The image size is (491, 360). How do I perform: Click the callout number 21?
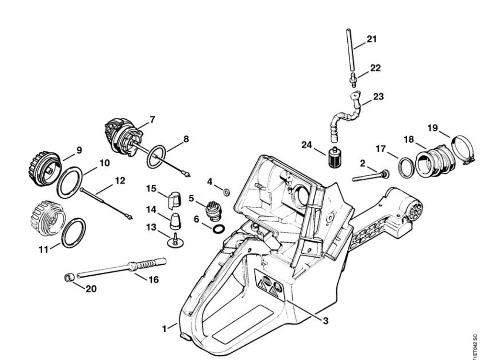(x=372, y=39)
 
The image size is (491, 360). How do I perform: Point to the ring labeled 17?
(x=406, y=168)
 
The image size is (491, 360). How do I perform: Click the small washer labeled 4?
(x=227, y=192)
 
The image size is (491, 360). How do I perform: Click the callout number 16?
(x=153, y=280)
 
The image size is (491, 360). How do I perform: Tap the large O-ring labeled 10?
(x=69, y=182)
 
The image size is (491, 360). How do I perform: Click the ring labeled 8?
(x=156, y=157)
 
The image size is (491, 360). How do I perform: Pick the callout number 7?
(x=152, y=120)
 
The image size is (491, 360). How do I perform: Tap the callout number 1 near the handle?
(x=164, y=329)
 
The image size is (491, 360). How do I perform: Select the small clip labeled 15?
(x=174, y=198)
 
